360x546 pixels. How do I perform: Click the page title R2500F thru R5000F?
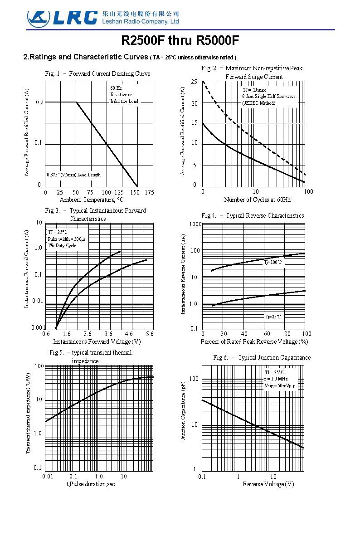(180, 41)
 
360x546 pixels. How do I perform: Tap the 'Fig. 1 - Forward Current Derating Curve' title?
(97, 74)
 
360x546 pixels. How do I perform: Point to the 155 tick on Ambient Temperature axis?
(135, 192)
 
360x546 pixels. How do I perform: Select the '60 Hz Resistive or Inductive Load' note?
(124, 94)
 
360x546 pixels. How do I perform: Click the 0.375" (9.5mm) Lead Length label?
(74, 175)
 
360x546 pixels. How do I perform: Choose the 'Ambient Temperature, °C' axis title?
(92, 200)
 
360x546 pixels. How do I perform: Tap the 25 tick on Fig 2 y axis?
(194, 82)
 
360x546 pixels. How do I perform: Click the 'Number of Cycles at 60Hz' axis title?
(257, 200)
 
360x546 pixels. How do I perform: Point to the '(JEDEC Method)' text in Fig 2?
(258, 103)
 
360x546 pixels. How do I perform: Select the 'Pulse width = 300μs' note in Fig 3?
(67, 239)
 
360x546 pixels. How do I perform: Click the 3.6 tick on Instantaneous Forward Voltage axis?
(108, 334)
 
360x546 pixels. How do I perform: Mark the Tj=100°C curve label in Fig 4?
(273, 262)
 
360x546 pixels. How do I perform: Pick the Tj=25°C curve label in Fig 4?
(273, 317)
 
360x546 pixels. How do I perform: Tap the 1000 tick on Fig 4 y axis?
(195, 224)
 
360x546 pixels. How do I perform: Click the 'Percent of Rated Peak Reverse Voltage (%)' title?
(254, 341)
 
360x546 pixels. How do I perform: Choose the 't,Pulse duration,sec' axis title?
(91, 484)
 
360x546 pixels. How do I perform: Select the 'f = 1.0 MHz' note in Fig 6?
(276, 379)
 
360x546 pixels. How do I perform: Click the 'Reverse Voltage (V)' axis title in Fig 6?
(268, 484)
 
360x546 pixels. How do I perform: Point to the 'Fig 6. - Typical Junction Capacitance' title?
(262, 358)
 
